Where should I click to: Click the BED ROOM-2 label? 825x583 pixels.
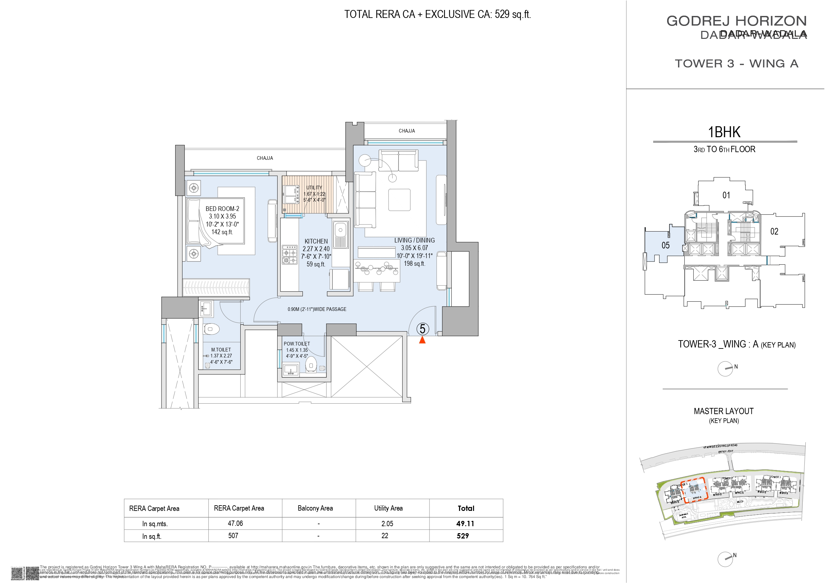(x=222, y=209)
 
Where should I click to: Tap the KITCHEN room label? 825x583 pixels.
(x=316, y=242)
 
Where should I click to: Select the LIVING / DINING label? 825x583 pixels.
(x=414, y=240)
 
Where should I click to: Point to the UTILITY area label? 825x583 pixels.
(x=314, y=187)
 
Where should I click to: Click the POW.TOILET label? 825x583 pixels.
(x=296, y=344)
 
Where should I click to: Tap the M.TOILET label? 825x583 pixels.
(x=221, y=349)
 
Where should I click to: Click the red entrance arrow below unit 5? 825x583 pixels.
(x=422, y=340)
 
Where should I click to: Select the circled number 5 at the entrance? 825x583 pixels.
(x=422, y=329)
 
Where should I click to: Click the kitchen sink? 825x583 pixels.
(x=340, y=234)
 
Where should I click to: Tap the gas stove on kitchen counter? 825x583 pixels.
(x=289, y=255)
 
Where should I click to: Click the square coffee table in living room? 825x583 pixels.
(x=399, y=200)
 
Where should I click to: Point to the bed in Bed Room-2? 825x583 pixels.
(x=216, y=222)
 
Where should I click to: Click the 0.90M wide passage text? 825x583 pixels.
(x=316, y=309)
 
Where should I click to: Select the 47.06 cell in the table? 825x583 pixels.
(x=235, y=523)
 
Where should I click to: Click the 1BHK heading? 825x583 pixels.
(x=724, y=132)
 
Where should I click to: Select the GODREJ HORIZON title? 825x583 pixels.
(x=736, y=21)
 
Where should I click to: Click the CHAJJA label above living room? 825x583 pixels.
(x=407, y=131)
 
